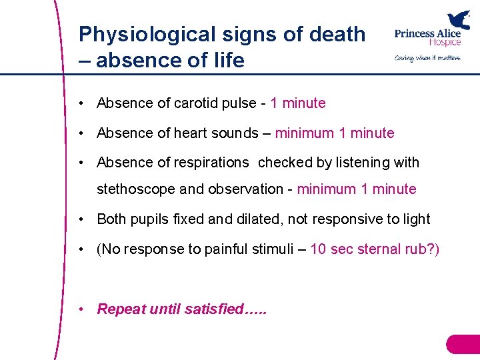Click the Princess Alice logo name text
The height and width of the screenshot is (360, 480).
click(x=427, y=37)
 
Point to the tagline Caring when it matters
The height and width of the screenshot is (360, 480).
click(x=427, y=58)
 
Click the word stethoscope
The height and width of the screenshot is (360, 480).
click(x=136, y=189)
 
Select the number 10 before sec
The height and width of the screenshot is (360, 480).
click(x=318, y=249)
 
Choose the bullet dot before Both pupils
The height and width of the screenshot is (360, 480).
click(x=80, y=219)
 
